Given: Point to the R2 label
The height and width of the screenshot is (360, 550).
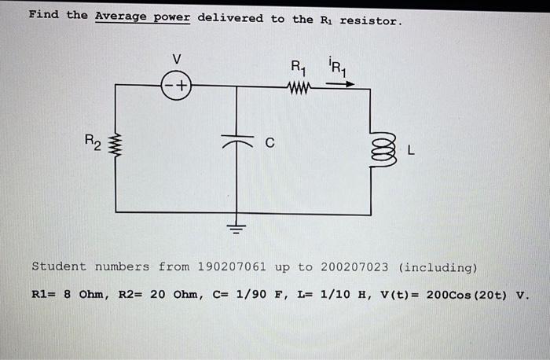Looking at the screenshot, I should click(93, 142).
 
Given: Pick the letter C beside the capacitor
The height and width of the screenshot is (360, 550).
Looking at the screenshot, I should click(269, 144).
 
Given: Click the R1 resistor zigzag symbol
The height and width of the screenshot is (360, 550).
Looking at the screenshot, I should click(301, 87).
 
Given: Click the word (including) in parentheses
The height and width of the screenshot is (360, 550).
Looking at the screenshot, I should click(438, 267).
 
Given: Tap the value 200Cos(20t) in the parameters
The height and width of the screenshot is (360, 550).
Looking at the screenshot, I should click(468, 296).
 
